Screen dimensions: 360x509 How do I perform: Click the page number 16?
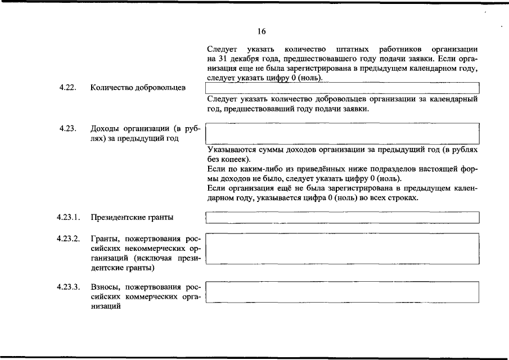262,31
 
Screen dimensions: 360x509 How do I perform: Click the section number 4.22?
67,88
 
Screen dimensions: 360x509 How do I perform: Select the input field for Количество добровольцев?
342,88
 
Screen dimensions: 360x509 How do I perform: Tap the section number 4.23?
67,129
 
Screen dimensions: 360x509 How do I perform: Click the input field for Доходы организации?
342,134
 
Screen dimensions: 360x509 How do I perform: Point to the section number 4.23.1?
68,217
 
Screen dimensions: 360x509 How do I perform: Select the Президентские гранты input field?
342,217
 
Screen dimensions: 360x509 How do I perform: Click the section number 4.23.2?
68,238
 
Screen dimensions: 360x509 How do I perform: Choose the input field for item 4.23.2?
342,248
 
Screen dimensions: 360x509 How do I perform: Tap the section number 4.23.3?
68,287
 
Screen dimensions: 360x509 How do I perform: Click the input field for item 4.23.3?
342,292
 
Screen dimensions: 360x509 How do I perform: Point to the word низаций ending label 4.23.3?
106,307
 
